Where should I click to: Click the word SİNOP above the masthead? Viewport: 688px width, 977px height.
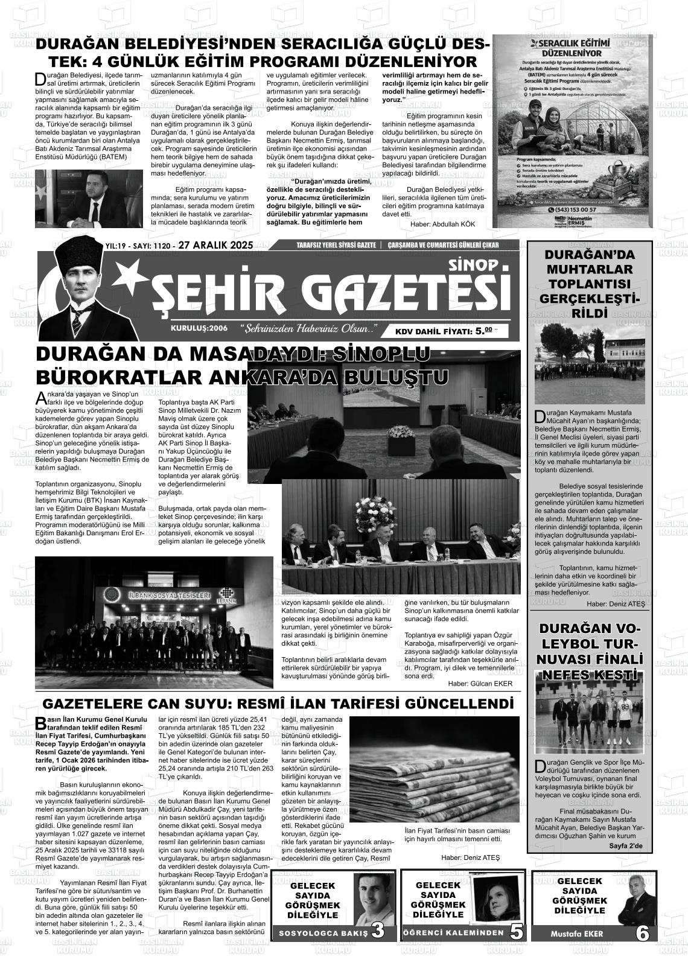(474, 264)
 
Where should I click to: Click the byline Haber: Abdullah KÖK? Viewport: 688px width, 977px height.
(442, 224)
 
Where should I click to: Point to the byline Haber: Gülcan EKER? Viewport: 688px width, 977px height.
(480, 684)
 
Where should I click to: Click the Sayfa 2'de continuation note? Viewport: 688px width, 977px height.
(626, 846)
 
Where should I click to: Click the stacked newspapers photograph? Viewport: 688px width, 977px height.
(434, 768)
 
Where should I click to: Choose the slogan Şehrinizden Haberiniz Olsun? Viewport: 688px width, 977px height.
(308, 329)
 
